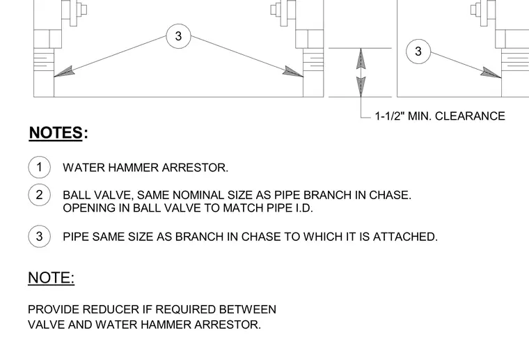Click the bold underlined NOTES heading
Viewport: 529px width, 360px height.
[x=56, y=132]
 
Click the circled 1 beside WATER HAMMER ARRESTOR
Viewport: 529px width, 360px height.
[x=40, y=167]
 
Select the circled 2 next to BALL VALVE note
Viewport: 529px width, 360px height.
[x=40, y=195]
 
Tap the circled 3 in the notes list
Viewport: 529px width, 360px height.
[x=40, y=236]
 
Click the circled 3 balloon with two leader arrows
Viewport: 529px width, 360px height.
[x=178, y=36]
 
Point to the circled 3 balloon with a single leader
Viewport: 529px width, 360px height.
[x=418, y=52]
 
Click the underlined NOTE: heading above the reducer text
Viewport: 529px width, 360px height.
[x=52, y=278]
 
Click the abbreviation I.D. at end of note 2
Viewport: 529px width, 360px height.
[x=304, y=208]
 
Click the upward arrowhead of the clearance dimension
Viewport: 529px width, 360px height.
[x=361, y=59]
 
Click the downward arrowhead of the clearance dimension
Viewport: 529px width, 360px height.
[x=361, y=87]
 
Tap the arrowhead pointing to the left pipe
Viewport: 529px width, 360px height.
[x=64, y=72]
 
